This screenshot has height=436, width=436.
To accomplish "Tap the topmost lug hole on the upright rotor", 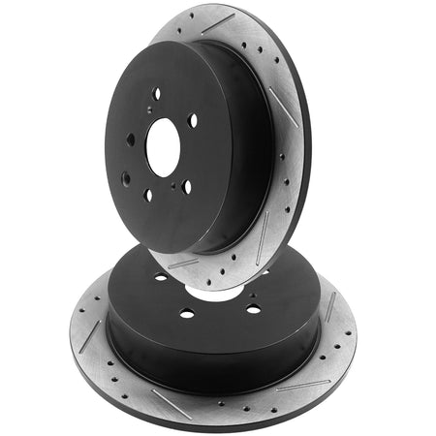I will (x=156, y=93).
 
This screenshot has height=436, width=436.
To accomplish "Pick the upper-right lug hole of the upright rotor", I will (x=193, y=121).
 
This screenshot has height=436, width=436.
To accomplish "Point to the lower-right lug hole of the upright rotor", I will (x=187, y=185).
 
